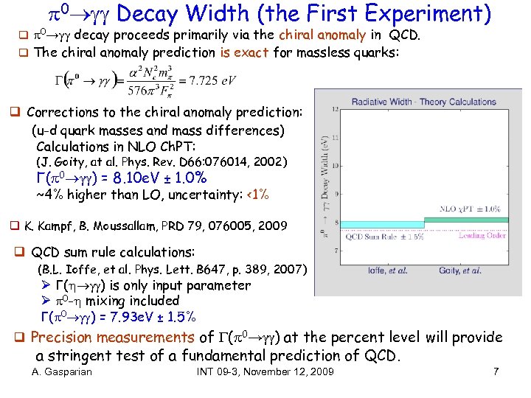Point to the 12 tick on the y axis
(336, 110)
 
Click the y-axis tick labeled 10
(336, 167)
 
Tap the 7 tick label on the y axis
(337, 251)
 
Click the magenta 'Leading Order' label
(482, 236)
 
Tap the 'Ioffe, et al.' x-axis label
(388, 270)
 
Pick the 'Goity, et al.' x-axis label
(462, 270)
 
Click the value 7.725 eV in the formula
(215, 80)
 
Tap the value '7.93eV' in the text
(139, 317)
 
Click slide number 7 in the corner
(496, 371)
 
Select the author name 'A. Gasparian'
(62, 371)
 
